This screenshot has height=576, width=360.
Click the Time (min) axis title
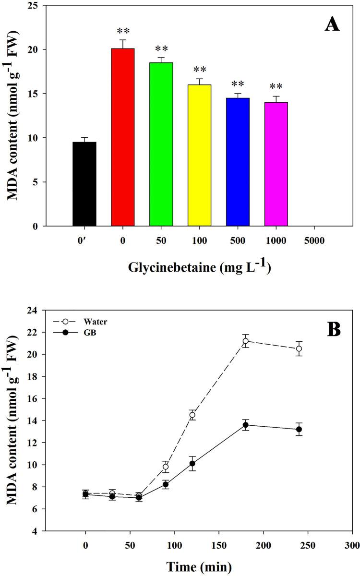[x=199, y=566]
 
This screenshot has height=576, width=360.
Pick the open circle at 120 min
[x=192, y=415]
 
